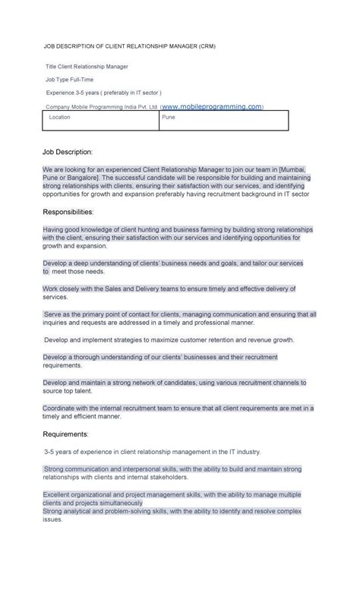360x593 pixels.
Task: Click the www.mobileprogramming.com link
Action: (212, 106)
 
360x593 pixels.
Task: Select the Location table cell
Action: (60, 118)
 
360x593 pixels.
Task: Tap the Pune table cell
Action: (169, 118)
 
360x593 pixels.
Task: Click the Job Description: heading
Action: (68, 152)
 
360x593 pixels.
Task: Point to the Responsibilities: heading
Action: (68, 211)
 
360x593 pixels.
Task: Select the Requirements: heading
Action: (66, 434)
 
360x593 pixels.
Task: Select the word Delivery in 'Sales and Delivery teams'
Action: (168, 289)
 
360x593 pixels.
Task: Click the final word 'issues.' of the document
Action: (52, 519)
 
